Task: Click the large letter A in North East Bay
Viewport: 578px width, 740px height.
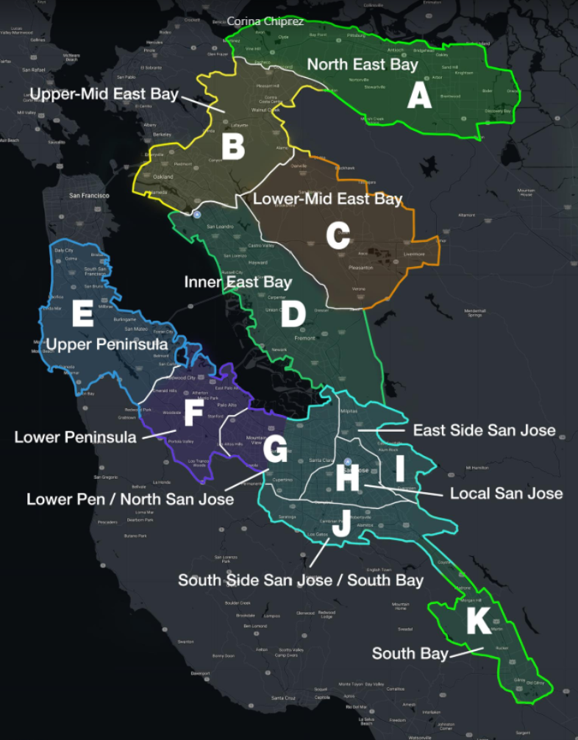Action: (x=419, y=96)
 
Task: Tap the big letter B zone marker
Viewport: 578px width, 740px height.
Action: (x=233, y=146)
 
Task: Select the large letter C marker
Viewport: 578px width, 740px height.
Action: (x=338, y=236)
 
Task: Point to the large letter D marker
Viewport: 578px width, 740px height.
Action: (x=293, y=315)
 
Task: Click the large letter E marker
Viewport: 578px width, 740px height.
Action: (x=82, y=314)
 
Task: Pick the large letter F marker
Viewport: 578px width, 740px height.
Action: (x=193, y=414)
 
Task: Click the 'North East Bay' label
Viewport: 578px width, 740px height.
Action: (x=362, y=65)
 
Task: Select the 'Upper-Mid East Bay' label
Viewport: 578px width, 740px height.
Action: (x=104, y=93)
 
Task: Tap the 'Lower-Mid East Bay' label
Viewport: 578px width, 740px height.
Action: (x=327, y=199)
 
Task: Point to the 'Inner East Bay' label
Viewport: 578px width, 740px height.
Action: (x=238, y=282)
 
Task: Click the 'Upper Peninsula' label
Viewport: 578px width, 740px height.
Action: (x=106, y=344)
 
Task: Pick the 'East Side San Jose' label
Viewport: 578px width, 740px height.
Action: (x=484, y=430)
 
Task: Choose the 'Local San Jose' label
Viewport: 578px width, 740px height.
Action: (x=506, y=493)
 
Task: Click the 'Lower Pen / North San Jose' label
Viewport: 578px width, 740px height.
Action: (x=130, y=499)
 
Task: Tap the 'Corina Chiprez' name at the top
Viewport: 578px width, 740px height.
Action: (x=265, y=22)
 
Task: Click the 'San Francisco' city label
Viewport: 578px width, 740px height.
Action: (x=89, y=196)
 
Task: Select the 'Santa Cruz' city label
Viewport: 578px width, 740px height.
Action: (x=283, y=697)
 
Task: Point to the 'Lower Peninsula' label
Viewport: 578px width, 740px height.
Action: (x=75, y=438)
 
